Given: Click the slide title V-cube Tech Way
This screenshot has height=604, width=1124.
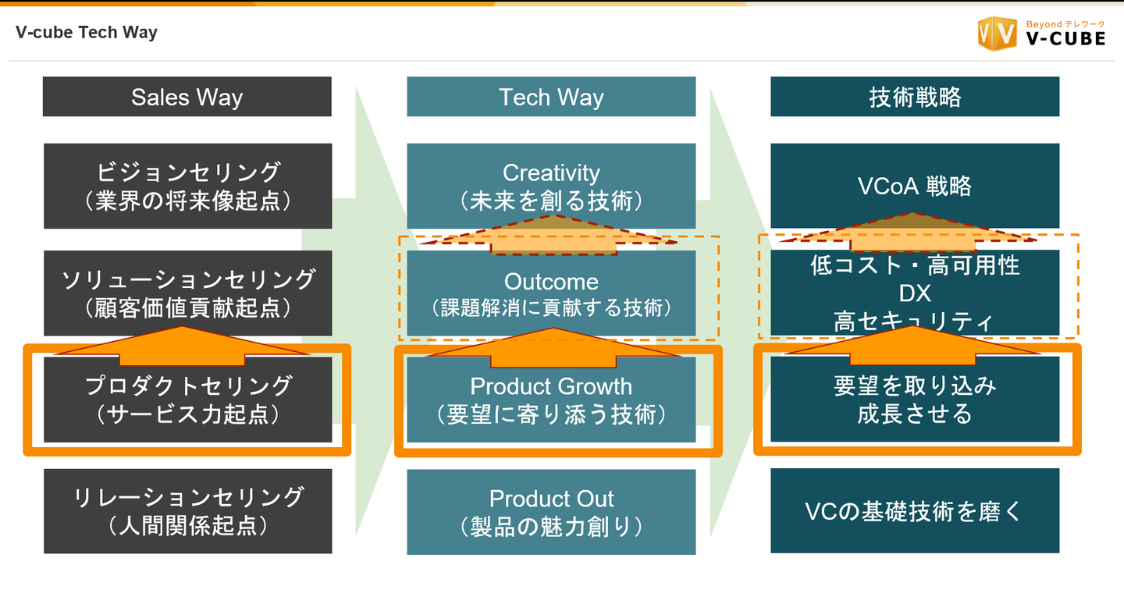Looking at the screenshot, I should [x=87, y=33].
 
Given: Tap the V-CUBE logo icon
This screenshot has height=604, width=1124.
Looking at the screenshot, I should [x=996, y=34].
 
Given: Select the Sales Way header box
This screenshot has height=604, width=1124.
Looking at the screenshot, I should [x=187, y=97].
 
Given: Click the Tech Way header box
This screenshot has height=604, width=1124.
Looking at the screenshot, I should [x=551, y=97].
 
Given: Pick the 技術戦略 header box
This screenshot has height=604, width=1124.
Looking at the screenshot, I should [x=915, y=97].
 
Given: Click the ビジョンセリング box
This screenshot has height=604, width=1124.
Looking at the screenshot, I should [x=187, y=186].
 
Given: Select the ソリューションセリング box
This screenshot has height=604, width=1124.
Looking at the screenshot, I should [x=187, y=293].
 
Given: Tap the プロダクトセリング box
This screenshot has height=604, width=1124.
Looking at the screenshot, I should [x=187, y=400].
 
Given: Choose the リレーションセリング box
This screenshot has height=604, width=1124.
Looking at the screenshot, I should [x=187, y=511].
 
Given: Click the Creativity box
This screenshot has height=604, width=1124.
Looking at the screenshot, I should [x=551, y=186].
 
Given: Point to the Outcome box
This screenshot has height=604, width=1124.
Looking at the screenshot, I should [x=551, y=293].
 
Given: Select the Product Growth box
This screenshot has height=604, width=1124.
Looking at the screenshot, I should [x=551, y=400].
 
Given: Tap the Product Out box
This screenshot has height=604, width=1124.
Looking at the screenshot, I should [x=551, y=512].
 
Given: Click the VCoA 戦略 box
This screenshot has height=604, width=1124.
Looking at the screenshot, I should [x=915, y=186].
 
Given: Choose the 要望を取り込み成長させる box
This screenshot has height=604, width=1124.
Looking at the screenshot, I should [x=915, y=400].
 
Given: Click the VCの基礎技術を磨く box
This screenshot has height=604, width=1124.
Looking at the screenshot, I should [x=915, y=511].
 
